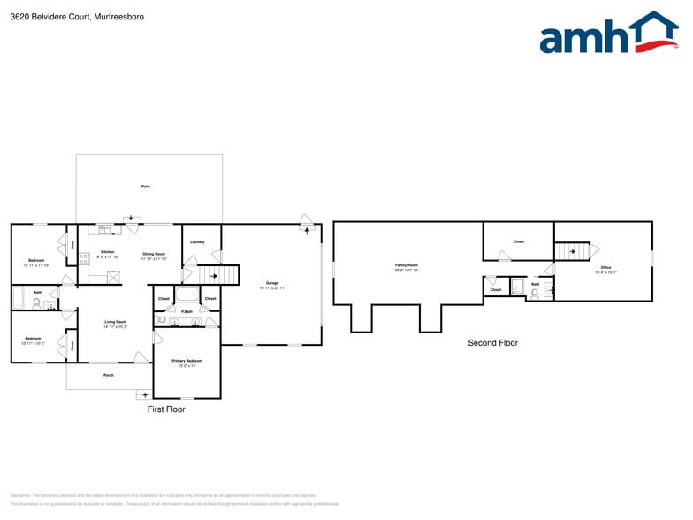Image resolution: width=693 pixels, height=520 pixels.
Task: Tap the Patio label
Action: point(146,187)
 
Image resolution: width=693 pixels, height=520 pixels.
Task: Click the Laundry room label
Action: point(197,241)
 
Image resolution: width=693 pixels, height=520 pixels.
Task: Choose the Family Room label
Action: point(407,266)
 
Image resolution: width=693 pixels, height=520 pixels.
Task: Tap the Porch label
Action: point(109,376)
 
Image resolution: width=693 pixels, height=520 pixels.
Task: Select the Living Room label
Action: point(116,324)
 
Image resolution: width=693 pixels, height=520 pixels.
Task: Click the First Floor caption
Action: point(166,409)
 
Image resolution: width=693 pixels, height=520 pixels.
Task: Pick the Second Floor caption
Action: point(492,343)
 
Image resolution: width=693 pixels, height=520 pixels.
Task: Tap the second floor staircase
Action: point(572,251)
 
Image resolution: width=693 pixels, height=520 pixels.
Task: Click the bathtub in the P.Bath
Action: point(187,296)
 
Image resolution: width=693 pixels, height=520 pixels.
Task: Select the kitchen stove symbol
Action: point(84,259)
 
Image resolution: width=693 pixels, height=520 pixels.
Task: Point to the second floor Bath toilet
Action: point(535,294)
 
